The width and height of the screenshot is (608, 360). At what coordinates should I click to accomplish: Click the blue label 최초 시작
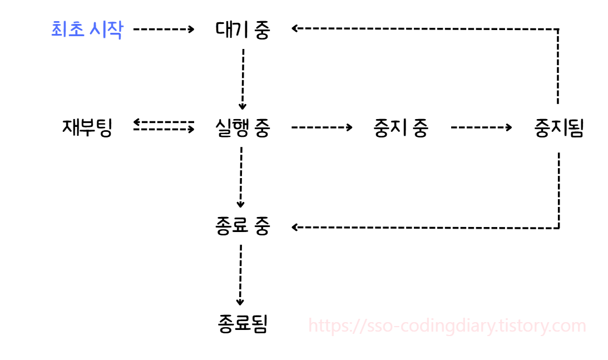click(86, 29)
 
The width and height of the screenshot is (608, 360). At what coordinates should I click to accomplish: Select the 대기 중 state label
click(243, 29)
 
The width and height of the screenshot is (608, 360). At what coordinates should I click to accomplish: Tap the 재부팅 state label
click(87, 128)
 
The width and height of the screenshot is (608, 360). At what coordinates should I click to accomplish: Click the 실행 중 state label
click(243, 128)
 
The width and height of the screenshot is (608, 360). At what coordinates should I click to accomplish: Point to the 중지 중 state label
click(401, 128)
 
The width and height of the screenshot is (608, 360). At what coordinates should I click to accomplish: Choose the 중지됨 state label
click(558, 128)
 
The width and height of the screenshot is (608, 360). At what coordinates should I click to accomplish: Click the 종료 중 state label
click(243, 226)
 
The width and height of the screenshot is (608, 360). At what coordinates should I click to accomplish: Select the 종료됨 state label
click(243, 324)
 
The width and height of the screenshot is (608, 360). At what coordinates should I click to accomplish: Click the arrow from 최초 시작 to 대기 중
click(164, 29)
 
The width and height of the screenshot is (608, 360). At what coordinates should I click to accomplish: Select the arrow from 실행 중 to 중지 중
click(322, 127)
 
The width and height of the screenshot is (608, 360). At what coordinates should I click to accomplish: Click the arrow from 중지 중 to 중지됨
click(481, 127)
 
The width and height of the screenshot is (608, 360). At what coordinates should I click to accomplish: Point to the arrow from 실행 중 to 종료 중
click(241, 177)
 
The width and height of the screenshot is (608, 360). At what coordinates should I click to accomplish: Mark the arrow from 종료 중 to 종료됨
click(240, 275)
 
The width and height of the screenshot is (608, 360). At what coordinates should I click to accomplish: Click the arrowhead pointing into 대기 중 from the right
click(295, 29)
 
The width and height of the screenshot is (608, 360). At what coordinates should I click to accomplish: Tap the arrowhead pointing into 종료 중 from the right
click(295, 227)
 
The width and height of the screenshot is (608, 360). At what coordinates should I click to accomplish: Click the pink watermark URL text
click(447, 326)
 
